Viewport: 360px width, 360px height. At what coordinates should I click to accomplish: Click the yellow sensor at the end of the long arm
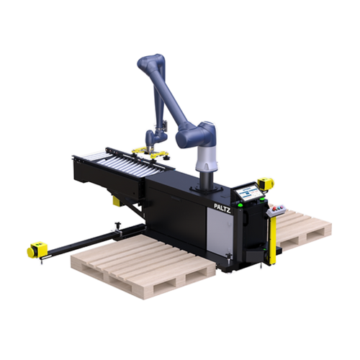point(33,250)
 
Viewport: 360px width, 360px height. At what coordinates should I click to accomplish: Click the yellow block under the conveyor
point(117,201)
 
